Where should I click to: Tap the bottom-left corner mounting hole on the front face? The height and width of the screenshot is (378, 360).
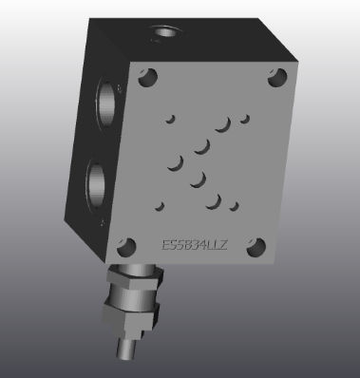(123, 251)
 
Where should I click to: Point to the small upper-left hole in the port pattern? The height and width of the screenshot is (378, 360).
(172, 119)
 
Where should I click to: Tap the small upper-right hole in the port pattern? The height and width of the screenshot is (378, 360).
(244, 119)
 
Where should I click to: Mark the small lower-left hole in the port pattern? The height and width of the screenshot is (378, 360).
(161, 204)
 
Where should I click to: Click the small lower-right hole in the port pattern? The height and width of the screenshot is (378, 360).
(233, 204)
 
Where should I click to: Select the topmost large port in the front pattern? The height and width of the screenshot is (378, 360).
(222, 124)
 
